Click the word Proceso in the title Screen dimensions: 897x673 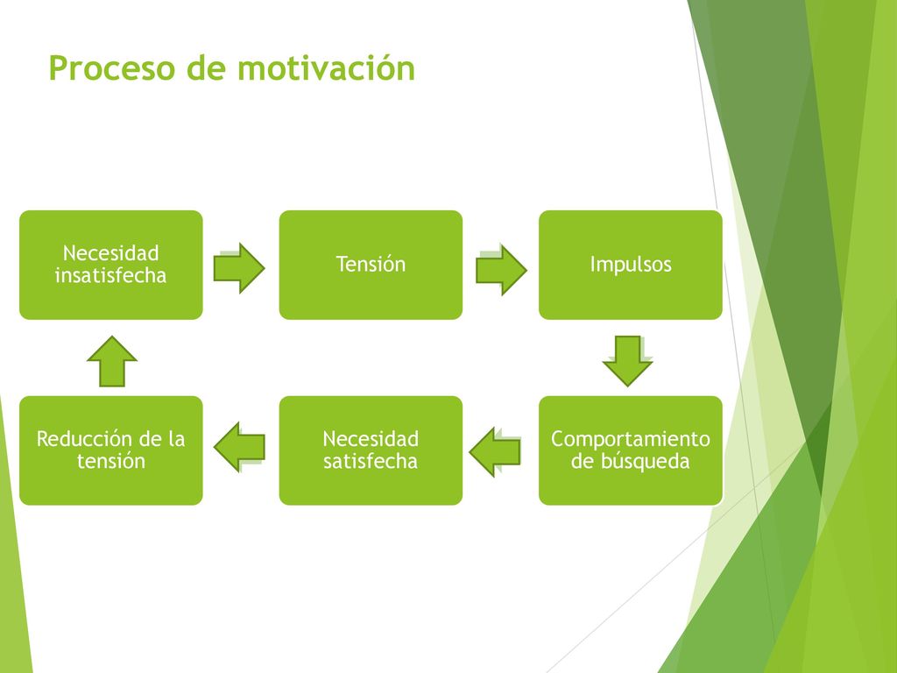[x=111, y=68]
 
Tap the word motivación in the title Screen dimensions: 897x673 [x=326, y=67]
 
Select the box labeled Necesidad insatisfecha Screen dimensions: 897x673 [x=111, y=265]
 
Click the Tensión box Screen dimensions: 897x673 [x=371, y=265]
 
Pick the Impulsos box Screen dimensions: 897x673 [x=631, y=265]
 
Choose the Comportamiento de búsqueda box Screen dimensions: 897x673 [x=631, y=450]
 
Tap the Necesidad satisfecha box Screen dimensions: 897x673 [x=371, y=450]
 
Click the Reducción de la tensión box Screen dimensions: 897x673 [x=111, y=450]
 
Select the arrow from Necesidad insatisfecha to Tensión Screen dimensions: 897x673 [x=239, y=268]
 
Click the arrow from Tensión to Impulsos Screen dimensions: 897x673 [x=501, y=270]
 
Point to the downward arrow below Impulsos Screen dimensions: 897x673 [x=627, y=361]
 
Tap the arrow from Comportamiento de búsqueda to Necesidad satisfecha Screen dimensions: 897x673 [x=495, y=452]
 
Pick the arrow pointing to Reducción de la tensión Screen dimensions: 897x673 [x=239, y=447]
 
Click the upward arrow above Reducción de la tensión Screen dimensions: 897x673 [x=112, y=361]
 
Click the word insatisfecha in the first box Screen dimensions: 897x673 [x=110, y=276]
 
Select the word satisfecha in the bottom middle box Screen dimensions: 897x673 [x=371, y=461]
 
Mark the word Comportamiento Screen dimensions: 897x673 [x=631, y=439]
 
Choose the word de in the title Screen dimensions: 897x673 [x=206, y=68]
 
